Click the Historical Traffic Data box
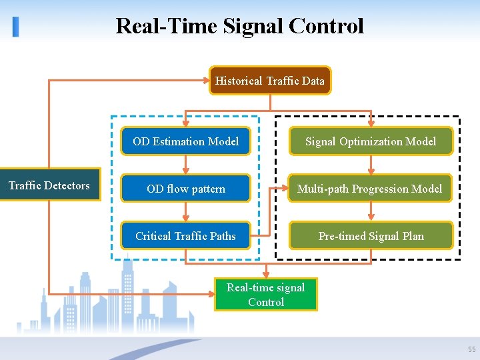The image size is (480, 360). [x=270, y=81]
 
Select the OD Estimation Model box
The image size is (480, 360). [x=185, y=141]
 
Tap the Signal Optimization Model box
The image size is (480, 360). [x=371, y=141]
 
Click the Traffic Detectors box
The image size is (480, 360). [x=49, y=185]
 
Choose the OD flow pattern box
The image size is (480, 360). [x=185, y=189]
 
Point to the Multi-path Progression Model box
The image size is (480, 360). [x=371, y=189]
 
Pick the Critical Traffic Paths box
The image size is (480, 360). [x=185, y=236]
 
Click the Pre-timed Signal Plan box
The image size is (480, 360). [x=371, y=236]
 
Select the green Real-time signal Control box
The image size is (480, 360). [x=265, y=295]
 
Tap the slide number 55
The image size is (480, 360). [x=472, y=349]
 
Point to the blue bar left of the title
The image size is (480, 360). [x=15, y=27]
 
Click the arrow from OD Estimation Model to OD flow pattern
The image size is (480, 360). [x=186, y=165]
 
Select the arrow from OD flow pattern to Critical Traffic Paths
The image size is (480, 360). [x=186, y=212]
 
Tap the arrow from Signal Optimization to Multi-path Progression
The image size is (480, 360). [x=371, y=165]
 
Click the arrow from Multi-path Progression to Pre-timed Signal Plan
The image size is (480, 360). [x=371, y=212]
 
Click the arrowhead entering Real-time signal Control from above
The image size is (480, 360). [x=266, y=273]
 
